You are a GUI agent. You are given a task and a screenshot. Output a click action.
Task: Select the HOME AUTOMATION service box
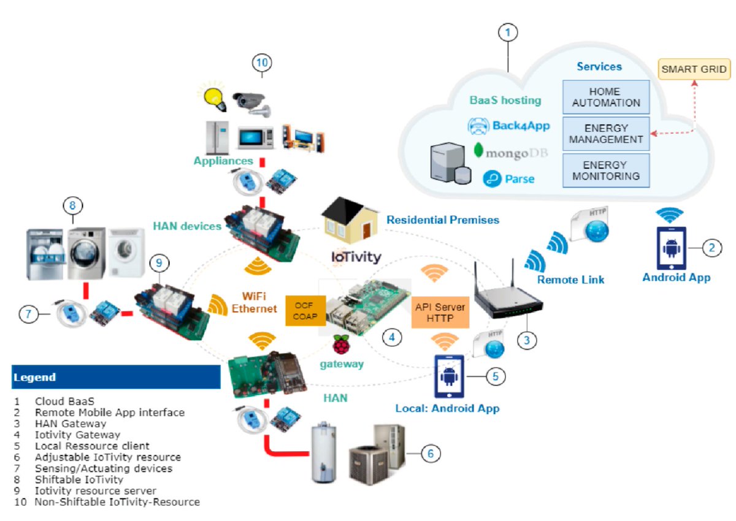(605, 97)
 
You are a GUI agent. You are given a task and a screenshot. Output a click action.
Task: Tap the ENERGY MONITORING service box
(605, 171)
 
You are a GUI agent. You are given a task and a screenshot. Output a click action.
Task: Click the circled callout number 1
(508, 32)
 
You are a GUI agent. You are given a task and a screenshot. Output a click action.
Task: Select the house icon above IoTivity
(348, 223)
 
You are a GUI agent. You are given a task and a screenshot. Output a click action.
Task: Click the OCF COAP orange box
(305, 310)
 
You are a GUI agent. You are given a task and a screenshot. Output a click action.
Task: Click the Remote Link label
(570, 280)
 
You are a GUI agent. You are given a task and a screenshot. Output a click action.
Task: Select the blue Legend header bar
(116, 377)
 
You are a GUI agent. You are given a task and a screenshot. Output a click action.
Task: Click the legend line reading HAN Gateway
(70, 423)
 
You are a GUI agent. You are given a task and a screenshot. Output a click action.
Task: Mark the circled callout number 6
(429, 453)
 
